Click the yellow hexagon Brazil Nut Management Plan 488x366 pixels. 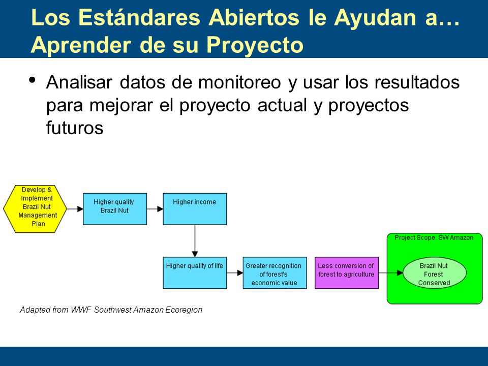(35, 209)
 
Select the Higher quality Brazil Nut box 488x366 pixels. (115, 209)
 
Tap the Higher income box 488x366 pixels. (195, 209)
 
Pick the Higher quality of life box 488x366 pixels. (195, 272)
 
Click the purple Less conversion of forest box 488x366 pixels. (347, 272)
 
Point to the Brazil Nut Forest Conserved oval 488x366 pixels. (435, 273)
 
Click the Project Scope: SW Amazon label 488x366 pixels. (434, 238)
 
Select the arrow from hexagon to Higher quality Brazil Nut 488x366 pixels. (75, 209)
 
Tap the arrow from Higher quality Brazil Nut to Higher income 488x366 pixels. (155, 209)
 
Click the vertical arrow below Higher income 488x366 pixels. (195, 241)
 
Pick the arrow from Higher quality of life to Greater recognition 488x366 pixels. (235, 273)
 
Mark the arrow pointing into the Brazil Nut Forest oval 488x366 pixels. (391, 273)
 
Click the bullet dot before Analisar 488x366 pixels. (32, 80)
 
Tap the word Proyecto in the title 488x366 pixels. (255, 45)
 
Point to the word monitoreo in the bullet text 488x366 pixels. (239, 82)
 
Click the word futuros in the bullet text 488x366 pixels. (75, 128)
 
